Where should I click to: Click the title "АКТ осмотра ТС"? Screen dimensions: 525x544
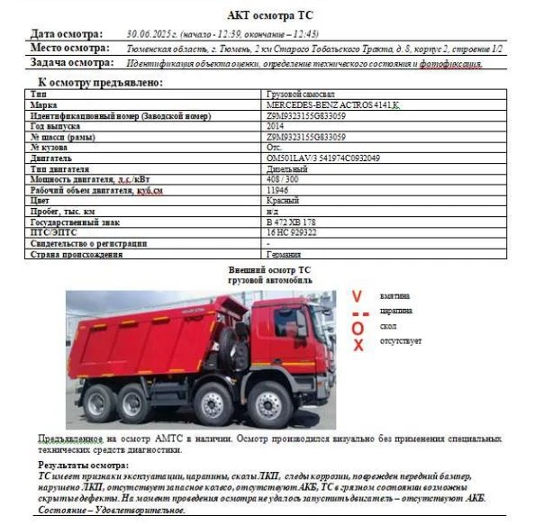269,14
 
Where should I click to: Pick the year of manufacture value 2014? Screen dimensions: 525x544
277,127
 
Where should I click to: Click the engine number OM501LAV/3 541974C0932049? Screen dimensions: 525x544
323,158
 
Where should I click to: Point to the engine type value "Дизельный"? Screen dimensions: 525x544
287,169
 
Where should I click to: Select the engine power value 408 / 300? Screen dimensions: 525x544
285,180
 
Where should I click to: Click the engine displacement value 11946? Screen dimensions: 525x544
277,191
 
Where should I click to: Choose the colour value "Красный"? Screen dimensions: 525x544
284,201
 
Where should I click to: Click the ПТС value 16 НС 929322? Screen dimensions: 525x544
291,232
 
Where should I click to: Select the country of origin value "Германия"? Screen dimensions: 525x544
286,254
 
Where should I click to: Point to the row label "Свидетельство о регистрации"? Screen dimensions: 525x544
89,243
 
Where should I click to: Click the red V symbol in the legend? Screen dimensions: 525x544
357,296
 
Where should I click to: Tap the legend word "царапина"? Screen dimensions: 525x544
395,311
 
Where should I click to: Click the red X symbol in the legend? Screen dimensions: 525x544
358,345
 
